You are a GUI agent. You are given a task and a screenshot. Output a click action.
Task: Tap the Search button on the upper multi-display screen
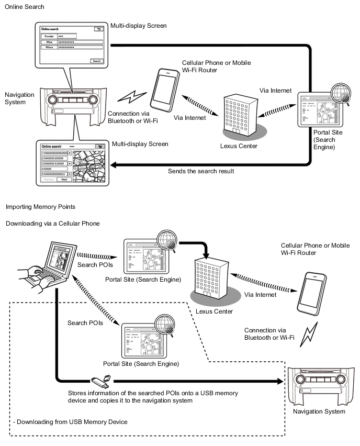[97, 61]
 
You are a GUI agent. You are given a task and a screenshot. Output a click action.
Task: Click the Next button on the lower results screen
[64, 179]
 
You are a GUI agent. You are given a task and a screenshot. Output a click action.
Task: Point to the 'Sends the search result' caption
[200, 171]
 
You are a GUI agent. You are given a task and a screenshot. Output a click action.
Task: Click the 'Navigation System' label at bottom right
[320, 411]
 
